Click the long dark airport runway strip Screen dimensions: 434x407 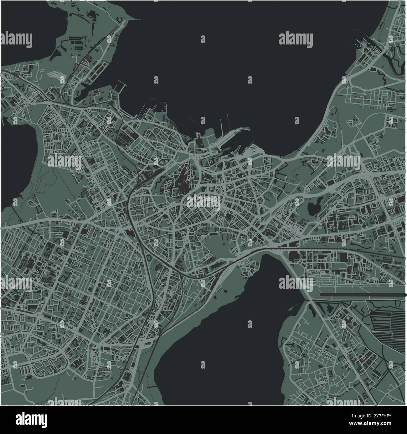[x=363, y=295]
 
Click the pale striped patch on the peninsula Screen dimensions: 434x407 [x=56, y=75]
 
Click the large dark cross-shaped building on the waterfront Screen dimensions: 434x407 [x=198, y=138]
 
